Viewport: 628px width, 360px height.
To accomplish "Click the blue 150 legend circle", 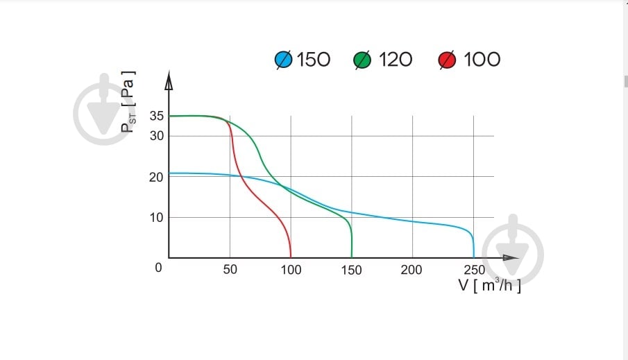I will tap(284, 60).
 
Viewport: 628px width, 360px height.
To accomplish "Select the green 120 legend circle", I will tap(363, 60).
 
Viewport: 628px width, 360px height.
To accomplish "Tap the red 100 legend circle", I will tap(447, 60).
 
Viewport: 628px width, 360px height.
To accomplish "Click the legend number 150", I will tap(314, 60).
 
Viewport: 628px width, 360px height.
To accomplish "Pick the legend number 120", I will tap(396, 60).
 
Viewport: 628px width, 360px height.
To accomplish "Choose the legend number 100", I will tap(482, 60).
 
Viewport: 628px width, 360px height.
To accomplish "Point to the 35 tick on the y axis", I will tap(156, 116).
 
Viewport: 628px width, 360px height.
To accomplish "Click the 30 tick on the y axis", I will tap(156, 135).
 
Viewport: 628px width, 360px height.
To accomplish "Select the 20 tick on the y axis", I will tap(156, 177).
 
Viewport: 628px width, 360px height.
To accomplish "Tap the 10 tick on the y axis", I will tap(156, 217).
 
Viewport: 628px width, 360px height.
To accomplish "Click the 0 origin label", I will tap(158, 267).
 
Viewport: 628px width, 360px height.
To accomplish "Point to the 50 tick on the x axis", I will tap(230, 270).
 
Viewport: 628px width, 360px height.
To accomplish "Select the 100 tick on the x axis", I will tap(291, 270).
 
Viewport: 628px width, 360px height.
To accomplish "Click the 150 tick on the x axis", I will tap(352, 270).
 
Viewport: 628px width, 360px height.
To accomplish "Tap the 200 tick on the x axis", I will tap(411, 270).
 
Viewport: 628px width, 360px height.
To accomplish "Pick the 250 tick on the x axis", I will tap(474, 270).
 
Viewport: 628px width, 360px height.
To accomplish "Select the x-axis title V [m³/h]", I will tap(489, 285).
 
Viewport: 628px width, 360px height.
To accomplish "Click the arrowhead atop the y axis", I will tap(169, 80).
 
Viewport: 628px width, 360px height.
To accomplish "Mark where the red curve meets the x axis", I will tap(291, 257).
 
